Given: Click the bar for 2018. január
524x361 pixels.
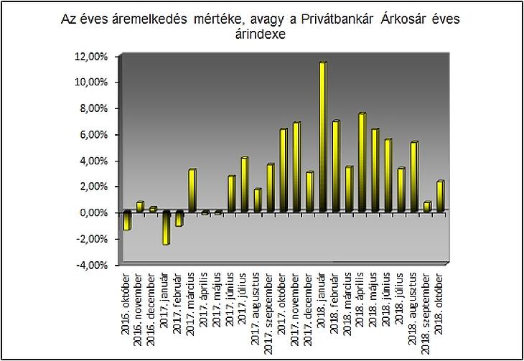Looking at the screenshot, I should (322, 137).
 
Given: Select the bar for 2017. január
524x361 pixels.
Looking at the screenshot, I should (166, 228).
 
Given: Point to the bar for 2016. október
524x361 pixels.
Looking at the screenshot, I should (126, 220).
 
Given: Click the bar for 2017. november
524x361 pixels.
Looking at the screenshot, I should (296, 167).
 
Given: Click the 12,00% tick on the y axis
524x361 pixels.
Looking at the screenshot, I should (92, 56).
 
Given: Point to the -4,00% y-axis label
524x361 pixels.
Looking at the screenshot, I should (92, 265).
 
